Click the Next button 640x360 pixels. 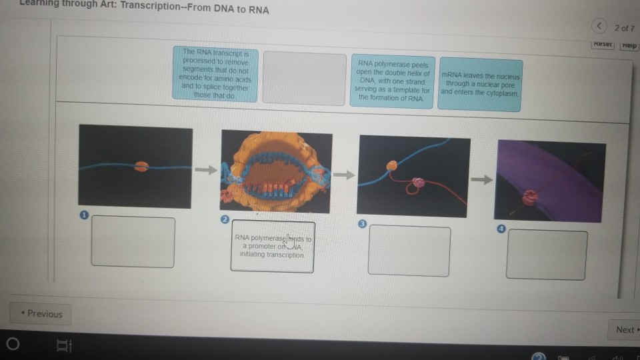pos(626,329)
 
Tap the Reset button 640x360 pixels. pos(603,45)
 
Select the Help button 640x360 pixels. pos(629,45)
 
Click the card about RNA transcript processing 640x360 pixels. pos(215,73)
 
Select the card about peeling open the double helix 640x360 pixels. pos(393,81)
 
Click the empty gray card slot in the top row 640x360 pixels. pos(304,78)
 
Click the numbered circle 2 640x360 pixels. pos(225,219)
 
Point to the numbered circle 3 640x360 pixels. pos(363,223)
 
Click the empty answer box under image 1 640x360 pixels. pos(133,241)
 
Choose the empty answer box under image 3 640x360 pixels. pos(409,250)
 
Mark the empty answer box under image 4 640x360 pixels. pos(547,255)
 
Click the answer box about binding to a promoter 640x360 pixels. pos(273,246)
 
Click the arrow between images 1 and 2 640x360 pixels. pos(207,169)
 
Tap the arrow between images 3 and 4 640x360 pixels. pos(483,179)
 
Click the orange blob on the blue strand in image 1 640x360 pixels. pos(141,166)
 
